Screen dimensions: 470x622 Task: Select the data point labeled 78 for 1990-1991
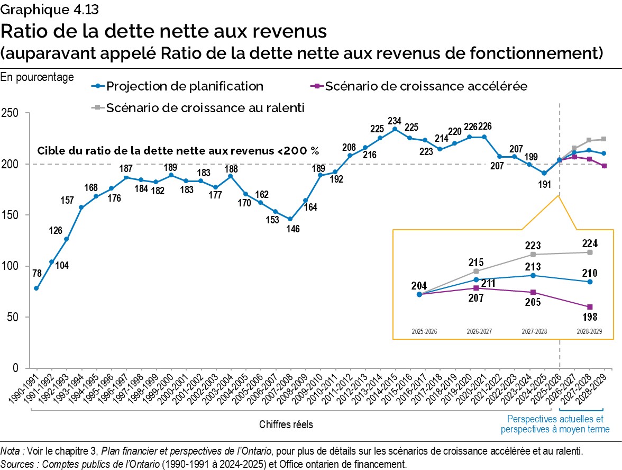36,288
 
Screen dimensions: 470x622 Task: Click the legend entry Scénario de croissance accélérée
426,86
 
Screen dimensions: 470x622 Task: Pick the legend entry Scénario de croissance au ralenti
205,108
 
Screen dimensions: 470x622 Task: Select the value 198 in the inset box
590,317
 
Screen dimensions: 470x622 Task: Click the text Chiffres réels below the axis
286,424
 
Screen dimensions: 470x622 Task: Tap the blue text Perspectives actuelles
555,419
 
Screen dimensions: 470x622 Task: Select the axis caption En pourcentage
37,77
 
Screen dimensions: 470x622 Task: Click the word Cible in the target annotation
50,151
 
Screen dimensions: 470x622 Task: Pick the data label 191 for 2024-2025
545,184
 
